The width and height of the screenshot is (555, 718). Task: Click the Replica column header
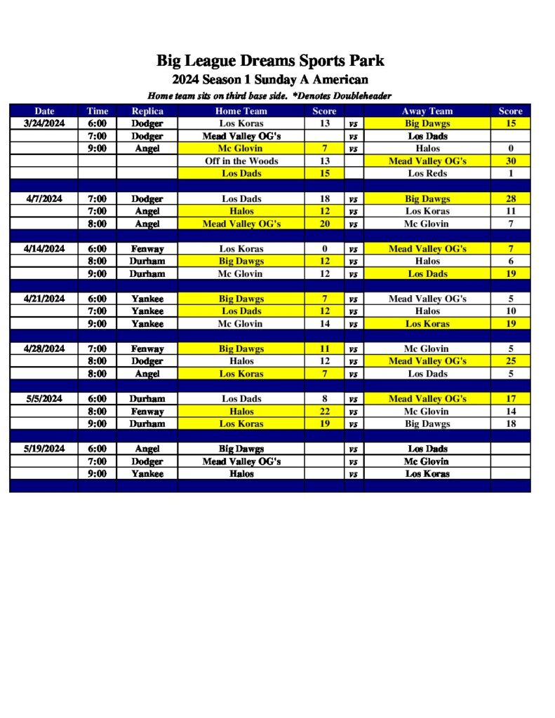(147, 111)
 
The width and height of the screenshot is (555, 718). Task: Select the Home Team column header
(241, 111)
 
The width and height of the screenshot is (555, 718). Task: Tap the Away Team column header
(427, 111)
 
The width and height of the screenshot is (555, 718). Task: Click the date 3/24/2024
(44, 123)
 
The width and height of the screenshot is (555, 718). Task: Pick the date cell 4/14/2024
(44, 249)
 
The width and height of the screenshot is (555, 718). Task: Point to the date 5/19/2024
(44, 449)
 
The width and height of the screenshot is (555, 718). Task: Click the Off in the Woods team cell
(241, 161)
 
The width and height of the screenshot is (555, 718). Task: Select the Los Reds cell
(427, 173)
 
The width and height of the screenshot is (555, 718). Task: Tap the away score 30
(511, 161)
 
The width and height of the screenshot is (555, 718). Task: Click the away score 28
(511, 199)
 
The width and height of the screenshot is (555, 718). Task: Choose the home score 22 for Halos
(324, 412)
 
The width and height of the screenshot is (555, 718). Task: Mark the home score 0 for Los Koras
(324, 249)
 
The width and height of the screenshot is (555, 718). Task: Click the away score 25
(511, 361)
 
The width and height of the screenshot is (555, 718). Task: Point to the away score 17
(511, 399)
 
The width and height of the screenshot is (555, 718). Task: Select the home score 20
(324, 224)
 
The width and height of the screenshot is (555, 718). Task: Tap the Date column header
(44, 111)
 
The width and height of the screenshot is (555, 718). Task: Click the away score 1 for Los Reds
(511, 173)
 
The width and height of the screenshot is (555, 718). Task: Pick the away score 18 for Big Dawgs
(511, 424)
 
